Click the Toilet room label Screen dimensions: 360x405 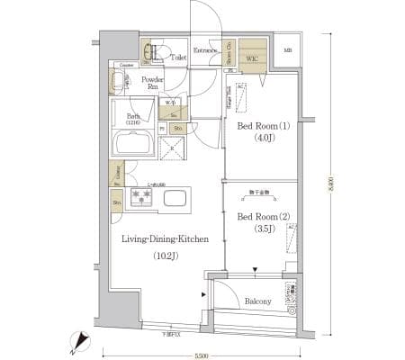point(178,56)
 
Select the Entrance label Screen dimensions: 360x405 point(207,50)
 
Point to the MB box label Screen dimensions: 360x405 point(287,50)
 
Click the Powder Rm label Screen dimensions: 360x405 point(152,83)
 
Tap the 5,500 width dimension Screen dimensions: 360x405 point(202,355)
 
